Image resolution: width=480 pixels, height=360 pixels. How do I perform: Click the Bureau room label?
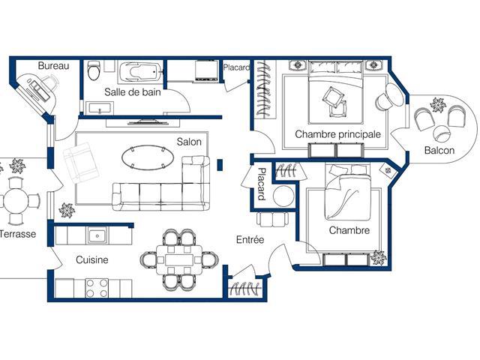click(53, 65)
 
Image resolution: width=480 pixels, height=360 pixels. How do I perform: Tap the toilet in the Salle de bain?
click(94, 70)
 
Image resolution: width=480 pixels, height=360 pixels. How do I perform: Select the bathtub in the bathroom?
click(139, 72)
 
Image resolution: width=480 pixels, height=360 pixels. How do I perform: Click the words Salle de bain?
click(133, 91)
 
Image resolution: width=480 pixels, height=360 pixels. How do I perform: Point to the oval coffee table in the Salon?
click(148, 157)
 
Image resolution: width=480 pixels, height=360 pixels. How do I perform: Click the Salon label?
click(189, 142)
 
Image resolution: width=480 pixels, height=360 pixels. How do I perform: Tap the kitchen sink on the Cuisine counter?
click(97, 235)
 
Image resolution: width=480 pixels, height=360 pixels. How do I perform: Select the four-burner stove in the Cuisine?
click(97, 288)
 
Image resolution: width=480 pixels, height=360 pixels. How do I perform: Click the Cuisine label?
click(91, 260)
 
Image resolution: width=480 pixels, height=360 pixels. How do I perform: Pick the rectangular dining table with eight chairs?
click(179, 259)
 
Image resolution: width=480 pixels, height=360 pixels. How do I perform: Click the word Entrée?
click(250, 239)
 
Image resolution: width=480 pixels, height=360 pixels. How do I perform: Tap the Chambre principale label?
click(338, 134)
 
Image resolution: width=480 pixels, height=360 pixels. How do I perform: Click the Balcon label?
click(439, 150)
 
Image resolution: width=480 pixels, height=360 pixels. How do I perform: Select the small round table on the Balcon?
click(442, 134)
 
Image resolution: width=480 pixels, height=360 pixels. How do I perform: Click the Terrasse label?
click(18, 234)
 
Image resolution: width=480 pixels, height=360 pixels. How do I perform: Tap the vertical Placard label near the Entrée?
click(261, 184)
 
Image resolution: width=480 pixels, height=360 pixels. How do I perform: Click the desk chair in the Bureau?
click(49, 82)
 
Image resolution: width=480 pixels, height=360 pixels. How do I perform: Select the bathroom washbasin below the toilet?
click(100, 109)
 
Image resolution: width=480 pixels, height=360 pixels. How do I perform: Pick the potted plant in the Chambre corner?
click(378, 257)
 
